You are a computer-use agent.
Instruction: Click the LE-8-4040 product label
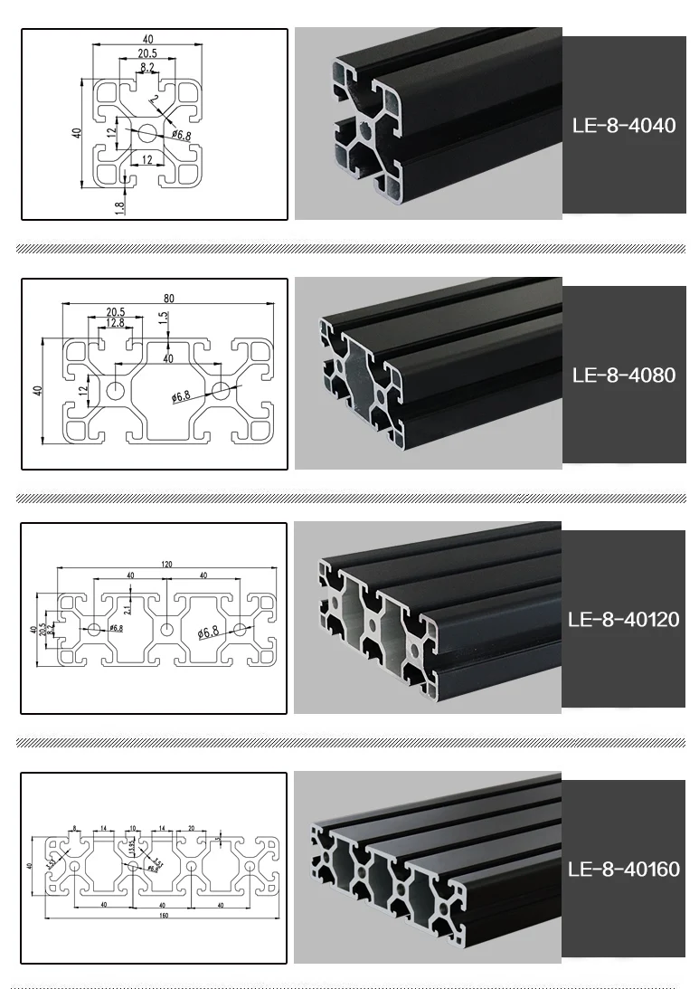pyautogui.click(x=624, y=125)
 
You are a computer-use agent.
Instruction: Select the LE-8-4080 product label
pyautogui.click(x=624, y=374)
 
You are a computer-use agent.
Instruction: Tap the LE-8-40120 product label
pyautogui.click(x=624, y=620)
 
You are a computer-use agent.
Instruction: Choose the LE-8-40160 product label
pyautogui.click(x=624, y=870)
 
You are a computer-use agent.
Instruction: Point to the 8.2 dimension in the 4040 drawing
pyautogui.click(x=146, y=68)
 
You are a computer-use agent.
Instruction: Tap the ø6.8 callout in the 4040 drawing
pyautogui.click(x=179, y=136)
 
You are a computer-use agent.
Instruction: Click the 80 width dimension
pyautogui.click(x=168, y=299)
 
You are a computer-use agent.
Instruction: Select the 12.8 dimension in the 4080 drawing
pyautogui.click(x=115, y=323)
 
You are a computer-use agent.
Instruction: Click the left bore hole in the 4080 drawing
pyautogui.click(x=116, y=391)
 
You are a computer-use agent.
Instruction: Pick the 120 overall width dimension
pyautogui.click(x=166, y=563)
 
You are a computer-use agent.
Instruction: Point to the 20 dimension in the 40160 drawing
pyautogui.click(x=191, y=828)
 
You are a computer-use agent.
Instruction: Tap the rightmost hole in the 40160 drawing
pyautogui.click(x=250, y=866)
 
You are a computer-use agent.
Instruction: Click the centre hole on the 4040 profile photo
pyautogui.click(x=364, y=128)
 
